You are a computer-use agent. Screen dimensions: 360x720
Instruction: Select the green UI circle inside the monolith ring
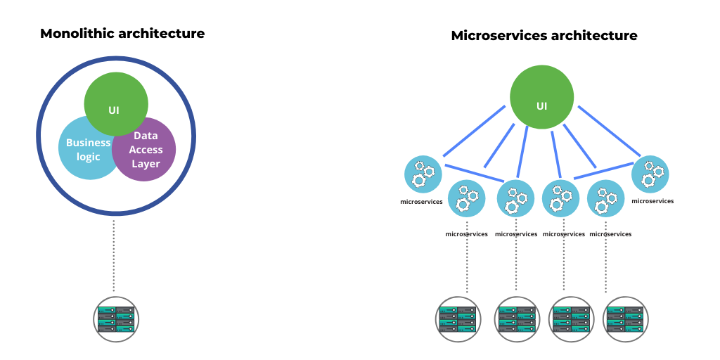[115, 98]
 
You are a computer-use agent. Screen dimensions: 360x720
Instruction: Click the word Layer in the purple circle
[146, 164]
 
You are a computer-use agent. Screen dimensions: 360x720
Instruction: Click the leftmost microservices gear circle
[423, 174]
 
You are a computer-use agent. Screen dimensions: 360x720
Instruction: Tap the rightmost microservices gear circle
[650, 174]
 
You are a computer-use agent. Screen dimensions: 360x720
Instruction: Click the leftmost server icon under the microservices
[457, 319]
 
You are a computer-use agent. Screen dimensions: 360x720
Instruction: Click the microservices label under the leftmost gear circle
[421, 202]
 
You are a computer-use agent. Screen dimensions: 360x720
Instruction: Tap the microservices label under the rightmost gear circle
[652, 201]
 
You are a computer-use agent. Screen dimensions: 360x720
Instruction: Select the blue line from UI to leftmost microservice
[474, 131]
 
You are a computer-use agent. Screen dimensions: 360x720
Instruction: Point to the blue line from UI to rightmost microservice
[609, 131]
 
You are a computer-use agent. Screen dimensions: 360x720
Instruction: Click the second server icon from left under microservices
[517, 319]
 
